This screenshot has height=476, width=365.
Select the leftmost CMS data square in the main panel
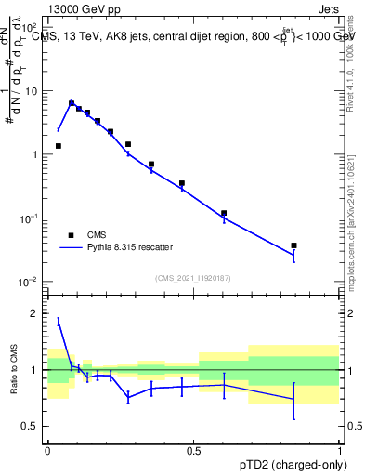click(x=59, y=146)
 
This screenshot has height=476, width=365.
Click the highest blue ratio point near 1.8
click(x=59, y=322)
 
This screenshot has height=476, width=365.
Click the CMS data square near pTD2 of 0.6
click(x=224, y=213)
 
